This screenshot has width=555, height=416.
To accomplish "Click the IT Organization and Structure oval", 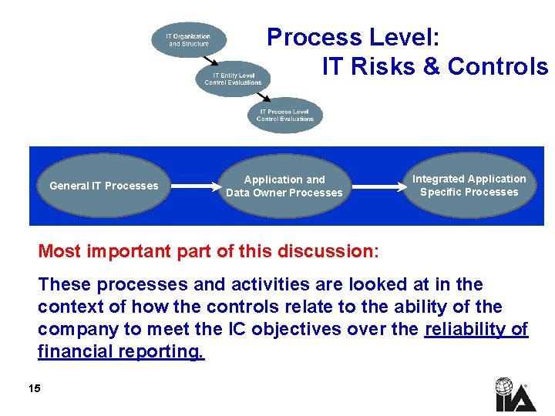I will click(189, 40).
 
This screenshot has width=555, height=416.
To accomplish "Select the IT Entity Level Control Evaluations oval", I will click(233, 79).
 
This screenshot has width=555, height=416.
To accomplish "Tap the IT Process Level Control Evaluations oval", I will click(285, 115).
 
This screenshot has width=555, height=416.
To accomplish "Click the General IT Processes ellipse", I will click(103, 186).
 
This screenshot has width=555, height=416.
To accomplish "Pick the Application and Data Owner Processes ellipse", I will click(284, 186).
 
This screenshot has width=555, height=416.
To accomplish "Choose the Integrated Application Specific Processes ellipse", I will click(469, 186).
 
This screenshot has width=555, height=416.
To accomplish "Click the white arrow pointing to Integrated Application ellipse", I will click(378, 186).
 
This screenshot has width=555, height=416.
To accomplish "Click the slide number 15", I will click(34, 388).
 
